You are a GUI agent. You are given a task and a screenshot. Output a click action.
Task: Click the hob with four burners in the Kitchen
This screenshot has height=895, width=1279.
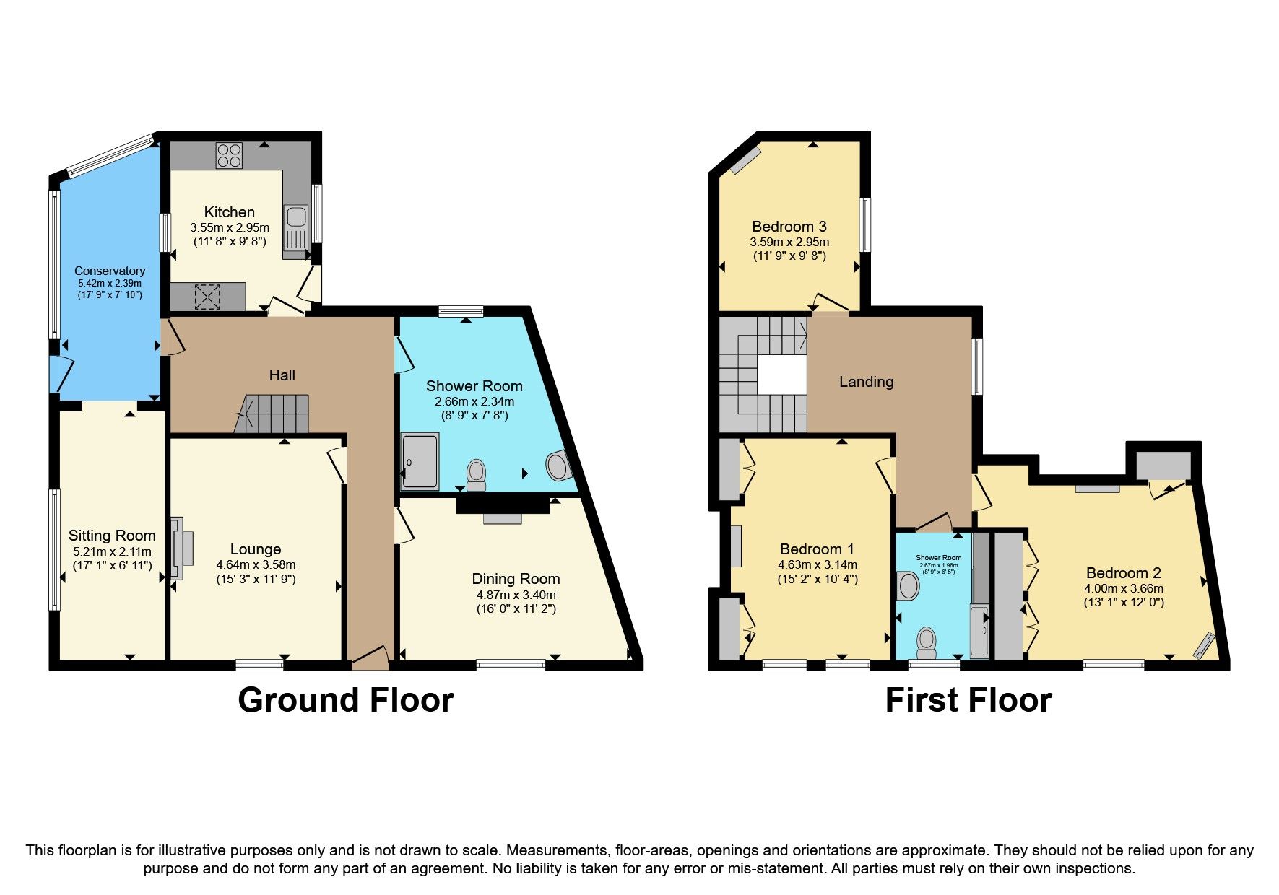point(230,155)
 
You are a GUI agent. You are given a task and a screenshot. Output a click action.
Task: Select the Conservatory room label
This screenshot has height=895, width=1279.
point(110,271)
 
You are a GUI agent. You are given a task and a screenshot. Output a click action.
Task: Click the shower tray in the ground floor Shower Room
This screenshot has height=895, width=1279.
point(420,460)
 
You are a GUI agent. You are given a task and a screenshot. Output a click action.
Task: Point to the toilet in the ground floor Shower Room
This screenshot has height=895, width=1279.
point(476,474)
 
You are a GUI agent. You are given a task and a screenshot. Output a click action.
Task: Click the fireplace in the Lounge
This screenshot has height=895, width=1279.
point(181,548)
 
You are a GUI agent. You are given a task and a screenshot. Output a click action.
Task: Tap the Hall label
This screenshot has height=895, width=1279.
point(282,375)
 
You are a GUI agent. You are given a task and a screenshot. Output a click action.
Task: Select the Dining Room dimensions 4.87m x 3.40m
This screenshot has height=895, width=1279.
point(516,595)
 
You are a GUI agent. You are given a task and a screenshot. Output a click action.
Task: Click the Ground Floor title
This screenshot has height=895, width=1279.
point(345,700)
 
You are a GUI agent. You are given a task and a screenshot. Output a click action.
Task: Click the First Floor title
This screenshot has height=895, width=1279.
point(968,700)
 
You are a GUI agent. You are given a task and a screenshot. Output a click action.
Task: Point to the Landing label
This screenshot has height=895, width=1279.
point(866,382)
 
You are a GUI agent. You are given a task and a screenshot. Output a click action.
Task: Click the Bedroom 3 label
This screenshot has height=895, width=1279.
point(789,227)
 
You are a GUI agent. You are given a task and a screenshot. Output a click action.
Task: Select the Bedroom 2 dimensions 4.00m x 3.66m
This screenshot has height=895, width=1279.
point(1123,588)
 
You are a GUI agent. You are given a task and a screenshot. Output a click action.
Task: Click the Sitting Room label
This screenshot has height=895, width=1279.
point(112,536)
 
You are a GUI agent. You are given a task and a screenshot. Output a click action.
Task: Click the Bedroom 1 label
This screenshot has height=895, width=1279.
point(817,549)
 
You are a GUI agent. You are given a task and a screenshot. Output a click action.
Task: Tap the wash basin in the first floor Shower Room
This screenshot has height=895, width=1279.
point(907,586)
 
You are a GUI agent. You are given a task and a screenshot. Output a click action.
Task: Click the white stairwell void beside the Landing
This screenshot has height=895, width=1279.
point(781,376)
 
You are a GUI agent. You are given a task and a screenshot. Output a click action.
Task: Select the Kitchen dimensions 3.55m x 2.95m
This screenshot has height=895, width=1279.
point(230,227)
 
